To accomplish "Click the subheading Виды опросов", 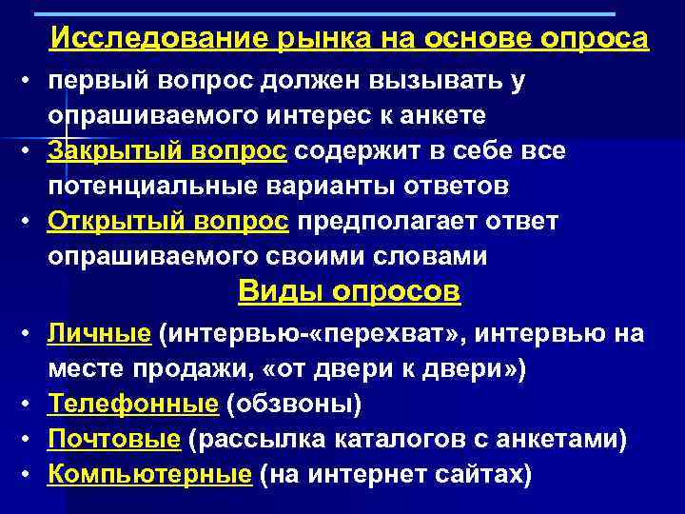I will click(x=348, y=292).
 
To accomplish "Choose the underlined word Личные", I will click(x=100, y=334).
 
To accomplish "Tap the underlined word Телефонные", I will click(x=134, y=404).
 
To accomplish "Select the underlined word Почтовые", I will click(x=114, y=439).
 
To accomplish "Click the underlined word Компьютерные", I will click(x=150, y=473).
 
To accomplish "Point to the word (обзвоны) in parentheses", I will click(x=294, y=404).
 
